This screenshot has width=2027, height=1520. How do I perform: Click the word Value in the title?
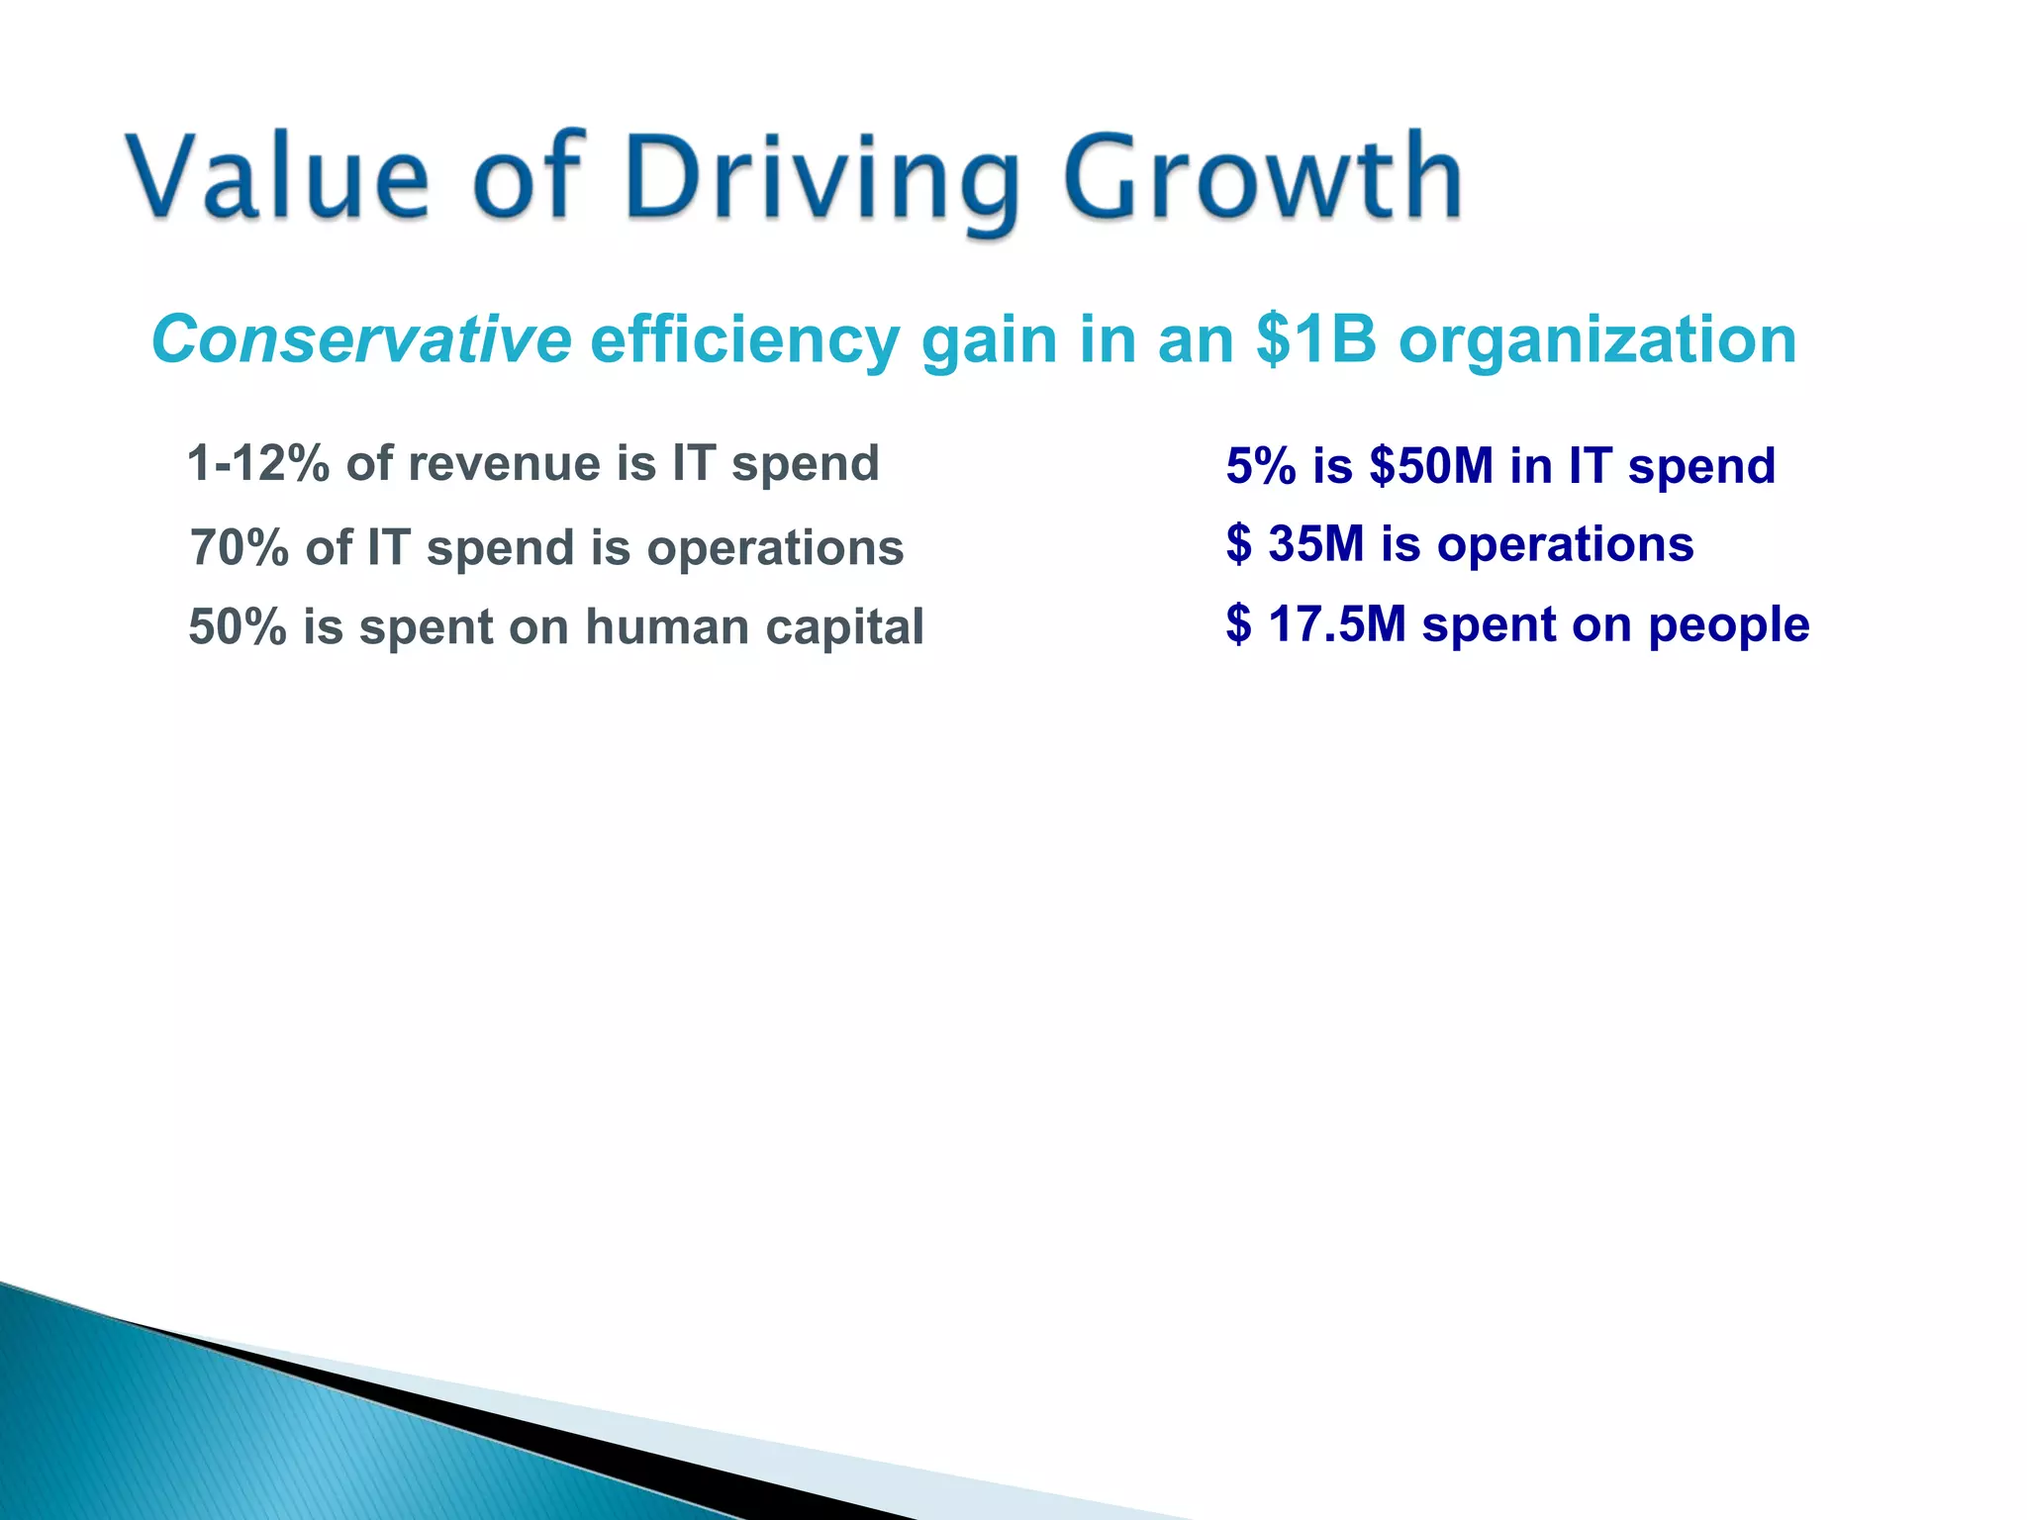click(x=278, y=178)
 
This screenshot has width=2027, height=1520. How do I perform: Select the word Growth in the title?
click(x=1262, y=178)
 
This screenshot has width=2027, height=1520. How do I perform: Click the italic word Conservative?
click(x=361, y=339)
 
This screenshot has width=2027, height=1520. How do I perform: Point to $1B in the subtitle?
click(x=1315, y=339)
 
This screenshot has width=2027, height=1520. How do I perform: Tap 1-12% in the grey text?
click(x=257, y=463)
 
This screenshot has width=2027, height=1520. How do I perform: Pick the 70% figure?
click(x=239, y=547)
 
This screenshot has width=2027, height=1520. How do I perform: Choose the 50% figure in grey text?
click(x=237, y=626)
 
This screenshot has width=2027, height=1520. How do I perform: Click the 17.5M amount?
click(x=1336, y=623)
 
